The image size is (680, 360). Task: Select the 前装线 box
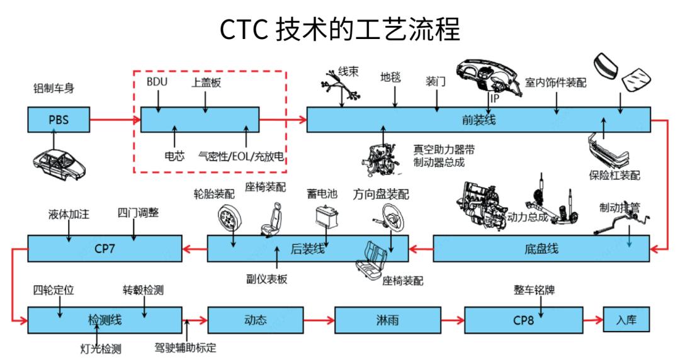479,119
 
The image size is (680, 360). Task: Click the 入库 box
626,320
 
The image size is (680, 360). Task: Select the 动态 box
251,320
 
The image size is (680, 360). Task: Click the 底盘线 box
541,249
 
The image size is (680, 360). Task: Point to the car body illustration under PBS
59,162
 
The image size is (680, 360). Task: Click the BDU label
157,82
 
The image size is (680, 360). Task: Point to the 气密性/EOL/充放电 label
242,155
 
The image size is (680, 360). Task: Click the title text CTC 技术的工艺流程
340,29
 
